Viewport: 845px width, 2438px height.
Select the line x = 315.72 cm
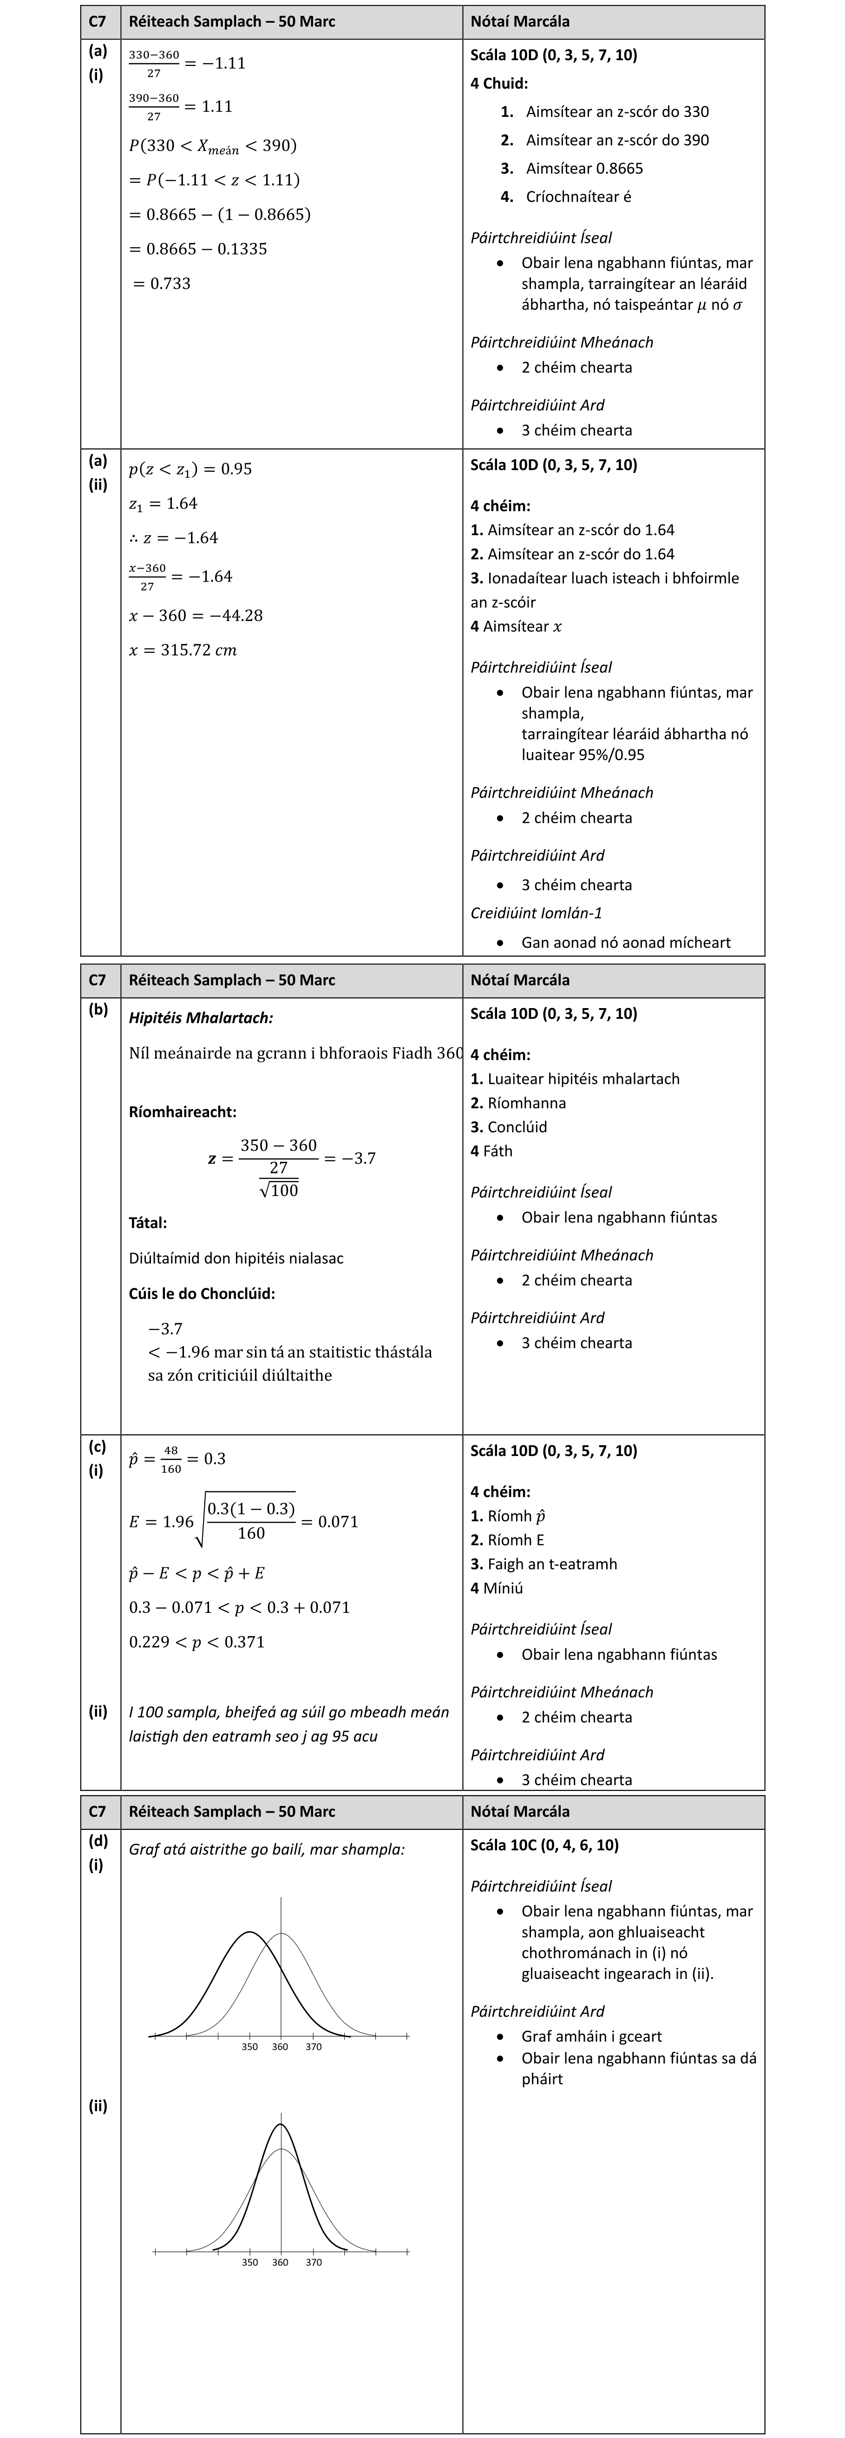[x=183, y=650]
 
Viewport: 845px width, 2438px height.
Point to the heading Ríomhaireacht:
[x=183, y=1112]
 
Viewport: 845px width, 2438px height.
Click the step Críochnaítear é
[x=578, y=197]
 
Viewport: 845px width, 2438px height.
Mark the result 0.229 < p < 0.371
[x=197, y=1642]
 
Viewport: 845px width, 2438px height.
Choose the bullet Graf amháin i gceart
[x=591, y=2036]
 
